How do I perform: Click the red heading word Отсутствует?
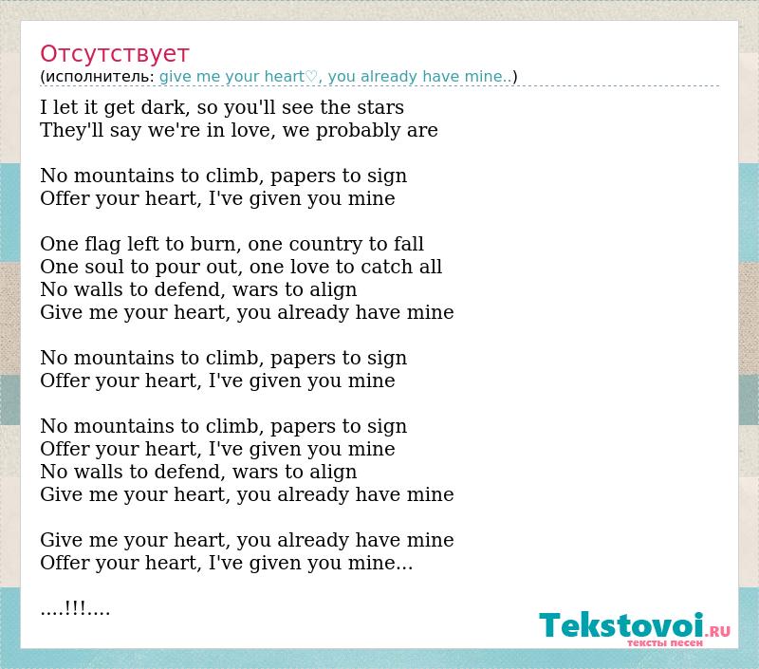coord(114,54)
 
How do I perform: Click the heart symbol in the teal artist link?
coord(311,77)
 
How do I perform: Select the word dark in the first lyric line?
coord(163,107)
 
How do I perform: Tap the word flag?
coord(102,245)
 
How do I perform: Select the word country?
coord(325,245)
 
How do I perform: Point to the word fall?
coord(409,244)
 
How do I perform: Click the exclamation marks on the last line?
coord(75,607)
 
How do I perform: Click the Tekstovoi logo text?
coord(621,625)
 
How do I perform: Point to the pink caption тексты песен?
coord(665,642)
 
